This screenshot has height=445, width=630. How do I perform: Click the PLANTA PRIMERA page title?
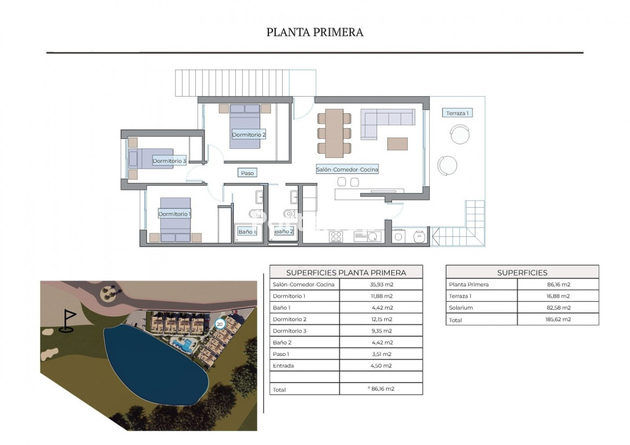[315, 32]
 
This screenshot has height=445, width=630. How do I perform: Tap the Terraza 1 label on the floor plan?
[457, 113]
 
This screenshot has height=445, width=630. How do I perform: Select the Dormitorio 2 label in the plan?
[249, 135]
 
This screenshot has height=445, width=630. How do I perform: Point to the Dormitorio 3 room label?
[169, 161]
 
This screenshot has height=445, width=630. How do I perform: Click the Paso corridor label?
[247, 173]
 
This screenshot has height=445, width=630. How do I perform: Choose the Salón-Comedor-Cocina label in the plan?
[347, 169]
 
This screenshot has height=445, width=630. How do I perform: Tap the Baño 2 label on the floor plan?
[284, 232]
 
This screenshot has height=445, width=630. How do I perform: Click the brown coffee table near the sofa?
[397, 144]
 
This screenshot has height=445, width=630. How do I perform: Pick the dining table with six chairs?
[334, 133]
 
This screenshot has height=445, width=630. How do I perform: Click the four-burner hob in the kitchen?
[336, 237]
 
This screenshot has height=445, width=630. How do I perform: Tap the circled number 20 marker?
[219, 324]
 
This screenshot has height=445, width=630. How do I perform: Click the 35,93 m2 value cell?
[381, 284]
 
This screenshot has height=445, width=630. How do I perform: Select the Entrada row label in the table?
[283, 366]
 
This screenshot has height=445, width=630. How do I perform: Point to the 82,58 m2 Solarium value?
[559, 308]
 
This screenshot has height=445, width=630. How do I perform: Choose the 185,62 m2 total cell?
[558, 319]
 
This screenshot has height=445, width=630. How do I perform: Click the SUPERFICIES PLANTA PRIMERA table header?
[346, 272]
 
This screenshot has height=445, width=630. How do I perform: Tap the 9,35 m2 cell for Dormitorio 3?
[381, 330]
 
